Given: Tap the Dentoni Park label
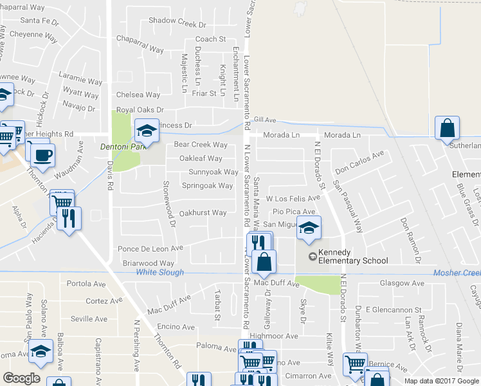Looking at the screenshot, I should [x=120, y=147].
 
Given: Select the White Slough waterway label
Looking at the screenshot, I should [x=160, y=273].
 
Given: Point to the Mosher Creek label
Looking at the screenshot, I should [x=457, y=273].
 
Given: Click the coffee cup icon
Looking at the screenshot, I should [x=43, y=154].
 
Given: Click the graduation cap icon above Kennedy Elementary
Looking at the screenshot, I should [x=309, y=228].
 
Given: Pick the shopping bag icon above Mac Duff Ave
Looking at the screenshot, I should [x=264, y=261].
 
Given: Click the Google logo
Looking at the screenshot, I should [x=21, y=378].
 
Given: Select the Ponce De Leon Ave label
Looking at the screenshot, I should [x=150, y=248].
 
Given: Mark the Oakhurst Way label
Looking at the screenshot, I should [x=203, y=213].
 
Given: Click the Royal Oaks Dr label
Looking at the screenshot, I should [x=140, y=110].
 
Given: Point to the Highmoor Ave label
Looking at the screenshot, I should [x=274, y=336].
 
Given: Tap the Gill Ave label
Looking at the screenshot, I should [x=264, y=120].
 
